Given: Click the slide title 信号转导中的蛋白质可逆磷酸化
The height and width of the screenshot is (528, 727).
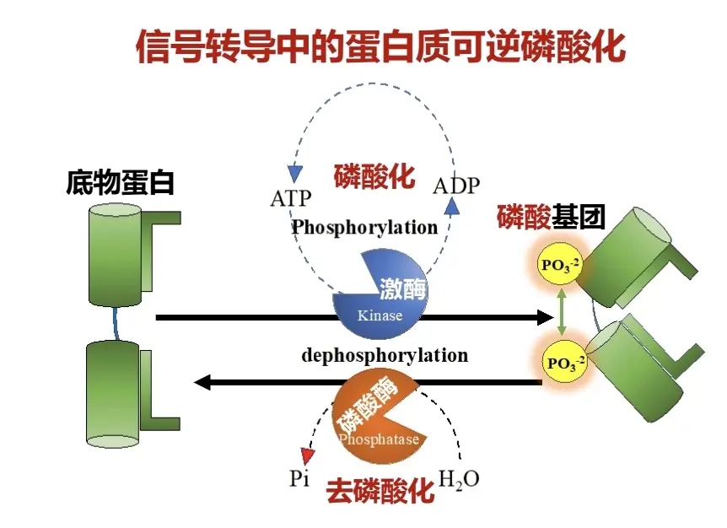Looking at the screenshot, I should (380, 47).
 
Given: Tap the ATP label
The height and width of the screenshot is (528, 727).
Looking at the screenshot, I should (291, 199).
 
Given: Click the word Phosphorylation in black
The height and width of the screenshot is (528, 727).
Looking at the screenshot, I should (365, 227).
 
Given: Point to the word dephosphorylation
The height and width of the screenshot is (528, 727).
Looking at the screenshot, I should (385, 355).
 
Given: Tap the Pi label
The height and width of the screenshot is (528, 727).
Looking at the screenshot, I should (299, 479).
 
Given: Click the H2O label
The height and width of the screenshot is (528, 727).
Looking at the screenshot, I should (460, 479).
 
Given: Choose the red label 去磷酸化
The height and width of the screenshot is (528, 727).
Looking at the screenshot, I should (380, 490).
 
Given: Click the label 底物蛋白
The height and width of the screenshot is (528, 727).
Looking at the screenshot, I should (121, 183).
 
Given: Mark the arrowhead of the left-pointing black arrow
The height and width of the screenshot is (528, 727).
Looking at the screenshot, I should (203, 383).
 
